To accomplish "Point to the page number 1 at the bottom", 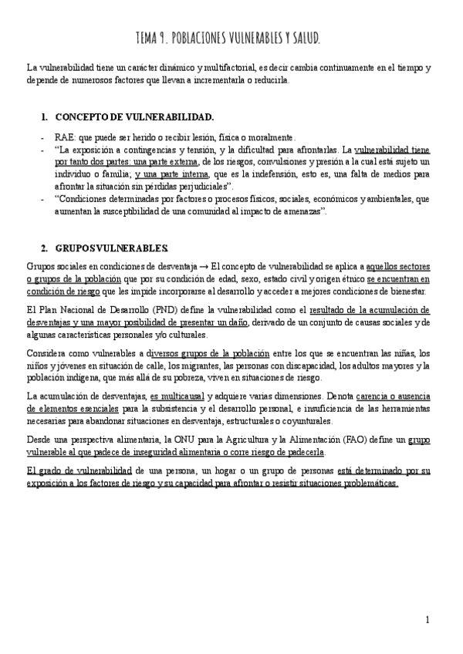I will point(427,619).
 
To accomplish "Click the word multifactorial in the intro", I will point(235,68).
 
